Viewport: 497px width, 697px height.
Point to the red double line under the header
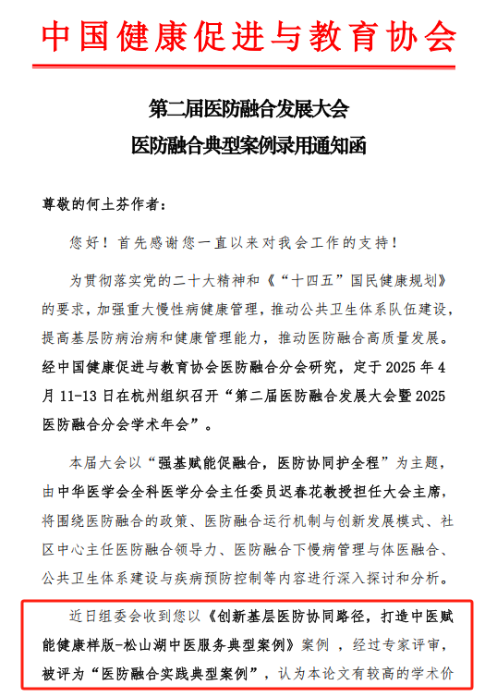[248, 66]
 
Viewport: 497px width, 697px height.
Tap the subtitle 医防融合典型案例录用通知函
[248, 146]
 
